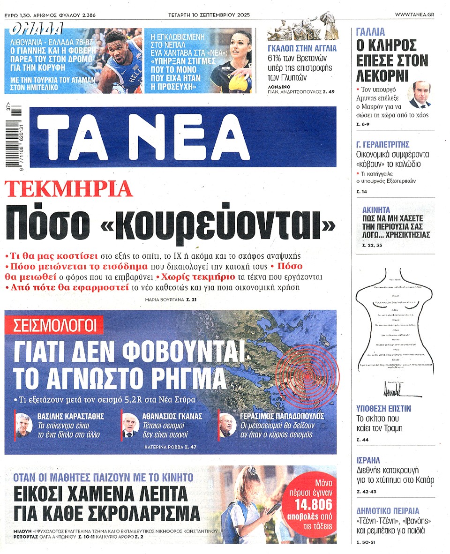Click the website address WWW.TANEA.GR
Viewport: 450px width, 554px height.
[414, 15]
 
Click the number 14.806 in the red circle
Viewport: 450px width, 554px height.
[313, 504]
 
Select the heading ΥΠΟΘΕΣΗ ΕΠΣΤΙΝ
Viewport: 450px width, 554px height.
[384, 409]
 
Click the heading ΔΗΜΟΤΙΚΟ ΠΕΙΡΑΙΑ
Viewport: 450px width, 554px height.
[388, 511]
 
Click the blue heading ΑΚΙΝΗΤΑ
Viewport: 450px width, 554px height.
[376, 210]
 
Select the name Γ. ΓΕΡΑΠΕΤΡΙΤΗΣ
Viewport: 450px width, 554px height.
[383, 144]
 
